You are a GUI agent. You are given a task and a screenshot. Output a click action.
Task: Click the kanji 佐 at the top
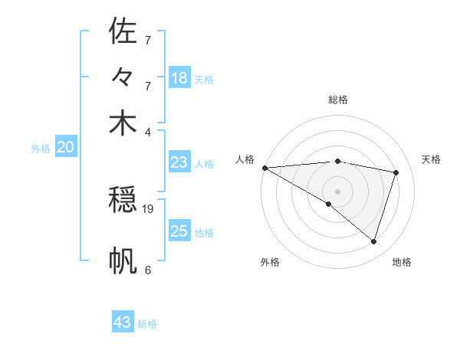[x=123, y=31]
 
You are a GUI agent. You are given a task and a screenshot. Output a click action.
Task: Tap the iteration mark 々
[x=123, y=77]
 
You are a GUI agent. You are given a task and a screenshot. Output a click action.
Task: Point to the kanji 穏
[x=123, y=201]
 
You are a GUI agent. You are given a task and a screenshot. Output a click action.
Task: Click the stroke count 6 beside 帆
[x=147, y=270]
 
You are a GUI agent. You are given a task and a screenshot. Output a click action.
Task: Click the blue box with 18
[x=179, y=78]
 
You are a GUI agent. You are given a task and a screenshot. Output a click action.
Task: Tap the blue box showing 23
[x=179, y=162]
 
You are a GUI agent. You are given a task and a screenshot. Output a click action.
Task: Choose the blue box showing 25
[x=179, y=231]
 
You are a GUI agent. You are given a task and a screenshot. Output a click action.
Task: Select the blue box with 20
[x=65, y=148]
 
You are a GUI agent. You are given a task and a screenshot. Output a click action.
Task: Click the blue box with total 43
[x=123, y=322]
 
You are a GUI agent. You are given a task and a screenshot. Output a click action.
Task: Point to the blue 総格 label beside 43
[x=147, y=324]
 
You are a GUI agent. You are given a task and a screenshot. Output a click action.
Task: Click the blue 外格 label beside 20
[x=41, y=149]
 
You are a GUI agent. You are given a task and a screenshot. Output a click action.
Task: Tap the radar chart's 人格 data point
[x=264, y=167]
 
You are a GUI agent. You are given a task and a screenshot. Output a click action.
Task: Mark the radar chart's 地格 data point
[x=373, y=241]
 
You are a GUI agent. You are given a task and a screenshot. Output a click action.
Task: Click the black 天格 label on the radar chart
[x=432, y=159]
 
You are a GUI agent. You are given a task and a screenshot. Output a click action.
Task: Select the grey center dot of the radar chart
[x=337, y=191]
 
